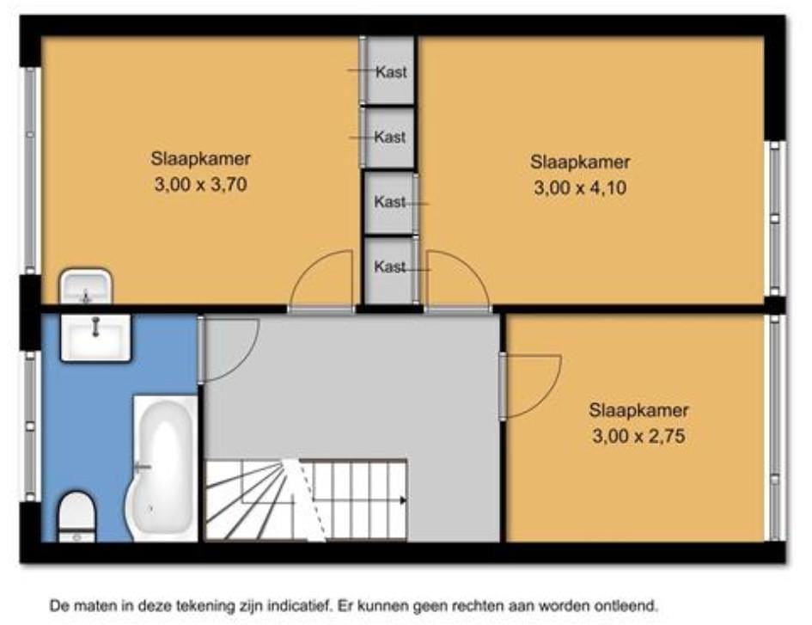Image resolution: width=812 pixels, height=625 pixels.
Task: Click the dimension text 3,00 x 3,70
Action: click(x=200, y=184)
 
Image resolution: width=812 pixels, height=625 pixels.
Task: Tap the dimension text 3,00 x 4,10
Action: click(x=580, y=187)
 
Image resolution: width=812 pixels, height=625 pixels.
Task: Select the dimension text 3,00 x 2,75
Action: click(x=638, y=435)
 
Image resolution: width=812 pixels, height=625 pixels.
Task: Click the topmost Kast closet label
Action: click(x=391, y=72)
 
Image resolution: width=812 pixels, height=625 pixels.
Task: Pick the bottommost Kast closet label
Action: click(x=389, y=267)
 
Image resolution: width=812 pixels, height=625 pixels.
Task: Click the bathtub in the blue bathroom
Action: click(x=163, y=469)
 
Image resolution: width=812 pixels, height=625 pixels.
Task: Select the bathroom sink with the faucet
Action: click(x=95, y=337)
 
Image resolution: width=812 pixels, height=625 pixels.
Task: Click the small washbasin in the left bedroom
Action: click(x=86, y=286)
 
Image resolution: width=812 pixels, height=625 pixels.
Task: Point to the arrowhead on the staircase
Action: click(x=403, y=500)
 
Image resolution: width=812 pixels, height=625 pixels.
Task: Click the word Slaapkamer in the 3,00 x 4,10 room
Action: click(x=580, y=162)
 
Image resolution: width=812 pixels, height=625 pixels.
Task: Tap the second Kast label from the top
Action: click(x=389, y=137)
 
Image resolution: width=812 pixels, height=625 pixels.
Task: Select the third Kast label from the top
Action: click(x=389, y=201)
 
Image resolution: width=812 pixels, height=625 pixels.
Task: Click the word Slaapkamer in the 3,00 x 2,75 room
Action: click(x=638, y=410)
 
